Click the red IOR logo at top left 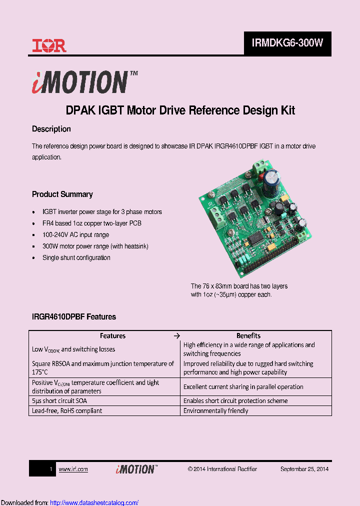(49, 46)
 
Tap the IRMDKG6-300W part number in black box (287, 43)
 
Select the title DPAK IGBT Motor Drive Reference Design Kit (180, 110)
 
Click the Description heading (51, 129)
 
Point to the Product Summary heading (62, 194)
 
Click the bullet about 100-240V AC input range (75, 234)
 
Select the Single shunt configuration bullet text (76, 257)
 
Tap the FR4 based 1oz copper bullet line (91, 223)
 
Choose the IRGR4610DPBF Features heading (73, 316)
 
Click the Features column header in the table (112, 335)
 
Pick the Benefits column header (248, 335)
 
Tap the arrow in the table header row (176, 335)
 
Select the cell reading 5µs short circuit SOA (62, 400)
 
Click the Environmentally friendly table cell (215, 410)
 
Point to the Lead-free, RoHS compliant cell (66, 410)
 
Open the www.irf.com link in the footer (73, 469)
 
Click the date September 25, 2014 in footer (304, 469)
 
